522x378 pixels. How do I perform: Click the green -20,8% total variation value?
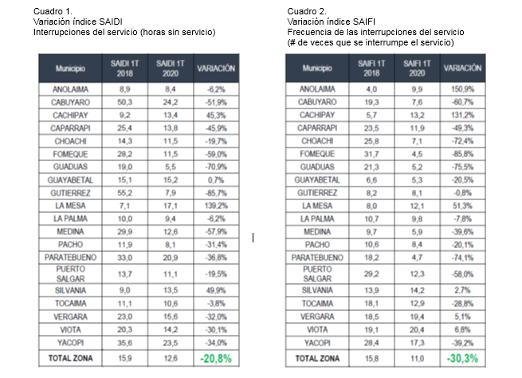coord(216,358)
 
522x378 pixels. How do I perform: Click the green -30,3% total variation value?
coord(462,358)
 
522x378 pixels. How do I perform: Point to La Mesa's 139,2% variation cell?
coord(216,205)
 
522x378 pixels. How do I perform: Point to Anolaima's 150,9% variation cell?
coord(462,90)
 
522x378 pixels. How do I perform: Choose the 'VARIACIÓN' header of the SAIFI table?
coord(462,69)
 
